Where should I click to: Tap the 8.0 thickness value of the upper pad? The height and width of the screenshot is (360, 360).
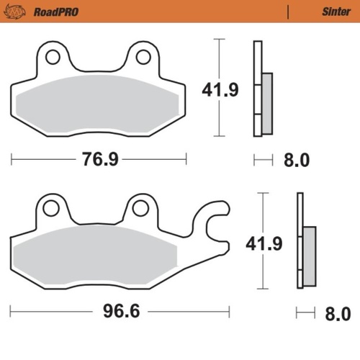(x=296, y=159)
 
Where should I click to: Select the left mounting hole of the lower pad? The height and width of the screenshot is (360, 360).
(x=50, y=208)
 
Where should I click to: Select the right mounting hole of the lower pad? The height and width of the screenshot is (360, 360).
(x=140, y=208)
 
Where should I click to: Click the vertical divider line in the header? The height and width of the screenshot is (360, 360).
(x=287, y=11)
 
